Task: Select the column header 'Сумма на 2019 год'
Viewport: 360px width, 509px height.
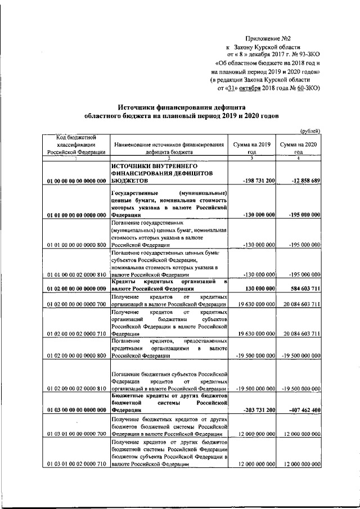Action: pyautogui.click(x=252, y=148)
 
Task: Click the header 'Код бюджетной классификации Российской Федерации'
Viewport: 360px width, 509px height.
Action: pyautogui.click(x=76, y=144)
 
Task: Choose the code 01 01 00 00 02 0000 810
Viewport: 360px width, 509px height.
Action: pyautogui.click(x=76, y=274)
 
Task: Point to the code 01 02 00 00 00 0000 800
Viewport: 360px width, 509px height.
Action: pyautogui.click(x=76, y=355)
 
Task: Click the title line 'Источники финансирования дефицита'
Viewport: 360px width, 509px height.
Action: pyautogui.click(x=181, y=107)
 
